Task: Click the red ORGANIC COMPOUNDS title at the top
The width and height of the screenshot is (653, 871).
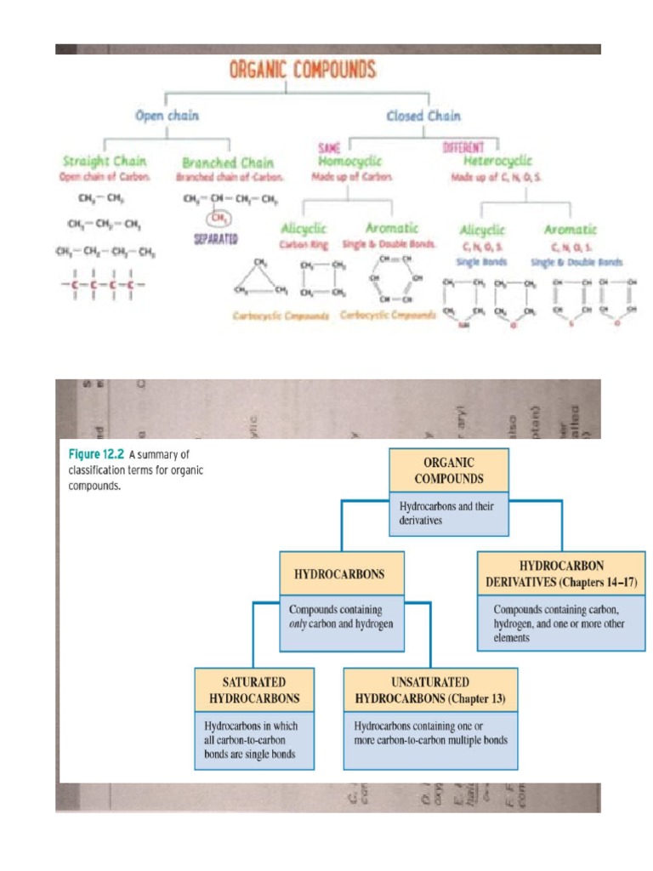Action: pyautogui.click(x=303, y=70)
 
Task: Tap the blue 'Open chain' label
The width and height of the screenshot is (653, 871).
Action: pyautogui.click(x=167, y=116)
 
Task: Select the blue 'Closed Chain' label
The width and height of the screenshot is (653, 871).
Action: pyautogui.click(x=423, y=116)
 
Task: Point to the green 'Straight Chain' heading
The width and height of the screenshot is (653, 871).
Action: pyautogui.click(x=105, y=161)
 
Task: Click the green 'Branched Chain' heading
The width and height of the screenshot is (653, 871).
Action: pyautogui.click(x=228, y=162)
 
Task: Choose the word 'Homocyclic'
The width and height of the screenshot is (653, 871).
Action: pyautogui.click(x=349, y=160)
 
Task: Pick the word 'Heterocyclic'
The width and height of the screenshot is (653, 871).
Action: pyautogui.click(x=498, y=160)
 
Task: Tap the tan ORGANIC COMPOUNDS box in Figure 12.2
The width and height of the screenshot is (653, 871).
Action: pyautogui.click(x=448, y=470)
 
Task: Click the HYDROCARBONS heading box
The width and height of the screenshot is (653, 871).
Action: pyautogui.click(x=339, y=574)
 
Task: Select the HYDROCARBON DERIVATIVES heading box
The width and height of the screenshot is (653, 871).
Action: pyautogui.click(x=561, y=574)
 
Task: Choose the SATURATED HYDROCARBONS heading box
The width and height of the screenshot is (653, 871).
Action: pyautogui.click(x=254, y=691)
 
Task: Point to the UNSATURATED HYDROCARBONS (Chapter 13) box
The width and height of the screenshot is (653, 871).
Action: pyautogui.click(x=429, y=691)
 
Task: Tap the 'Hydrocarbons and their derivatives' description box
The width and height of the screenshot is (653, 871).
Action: pyautogui.click(x=448, y=513)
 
